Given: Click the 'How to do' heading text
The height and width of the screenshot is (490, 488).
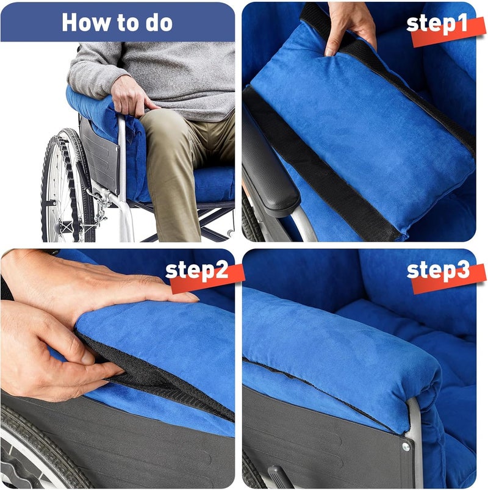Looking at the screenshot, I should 117,23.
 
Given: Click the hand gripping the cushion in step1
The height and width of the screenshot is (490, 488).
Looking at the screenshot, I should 349,27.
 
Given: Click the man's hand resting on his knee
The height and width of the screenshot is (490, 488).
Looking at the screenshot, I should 132,98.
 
